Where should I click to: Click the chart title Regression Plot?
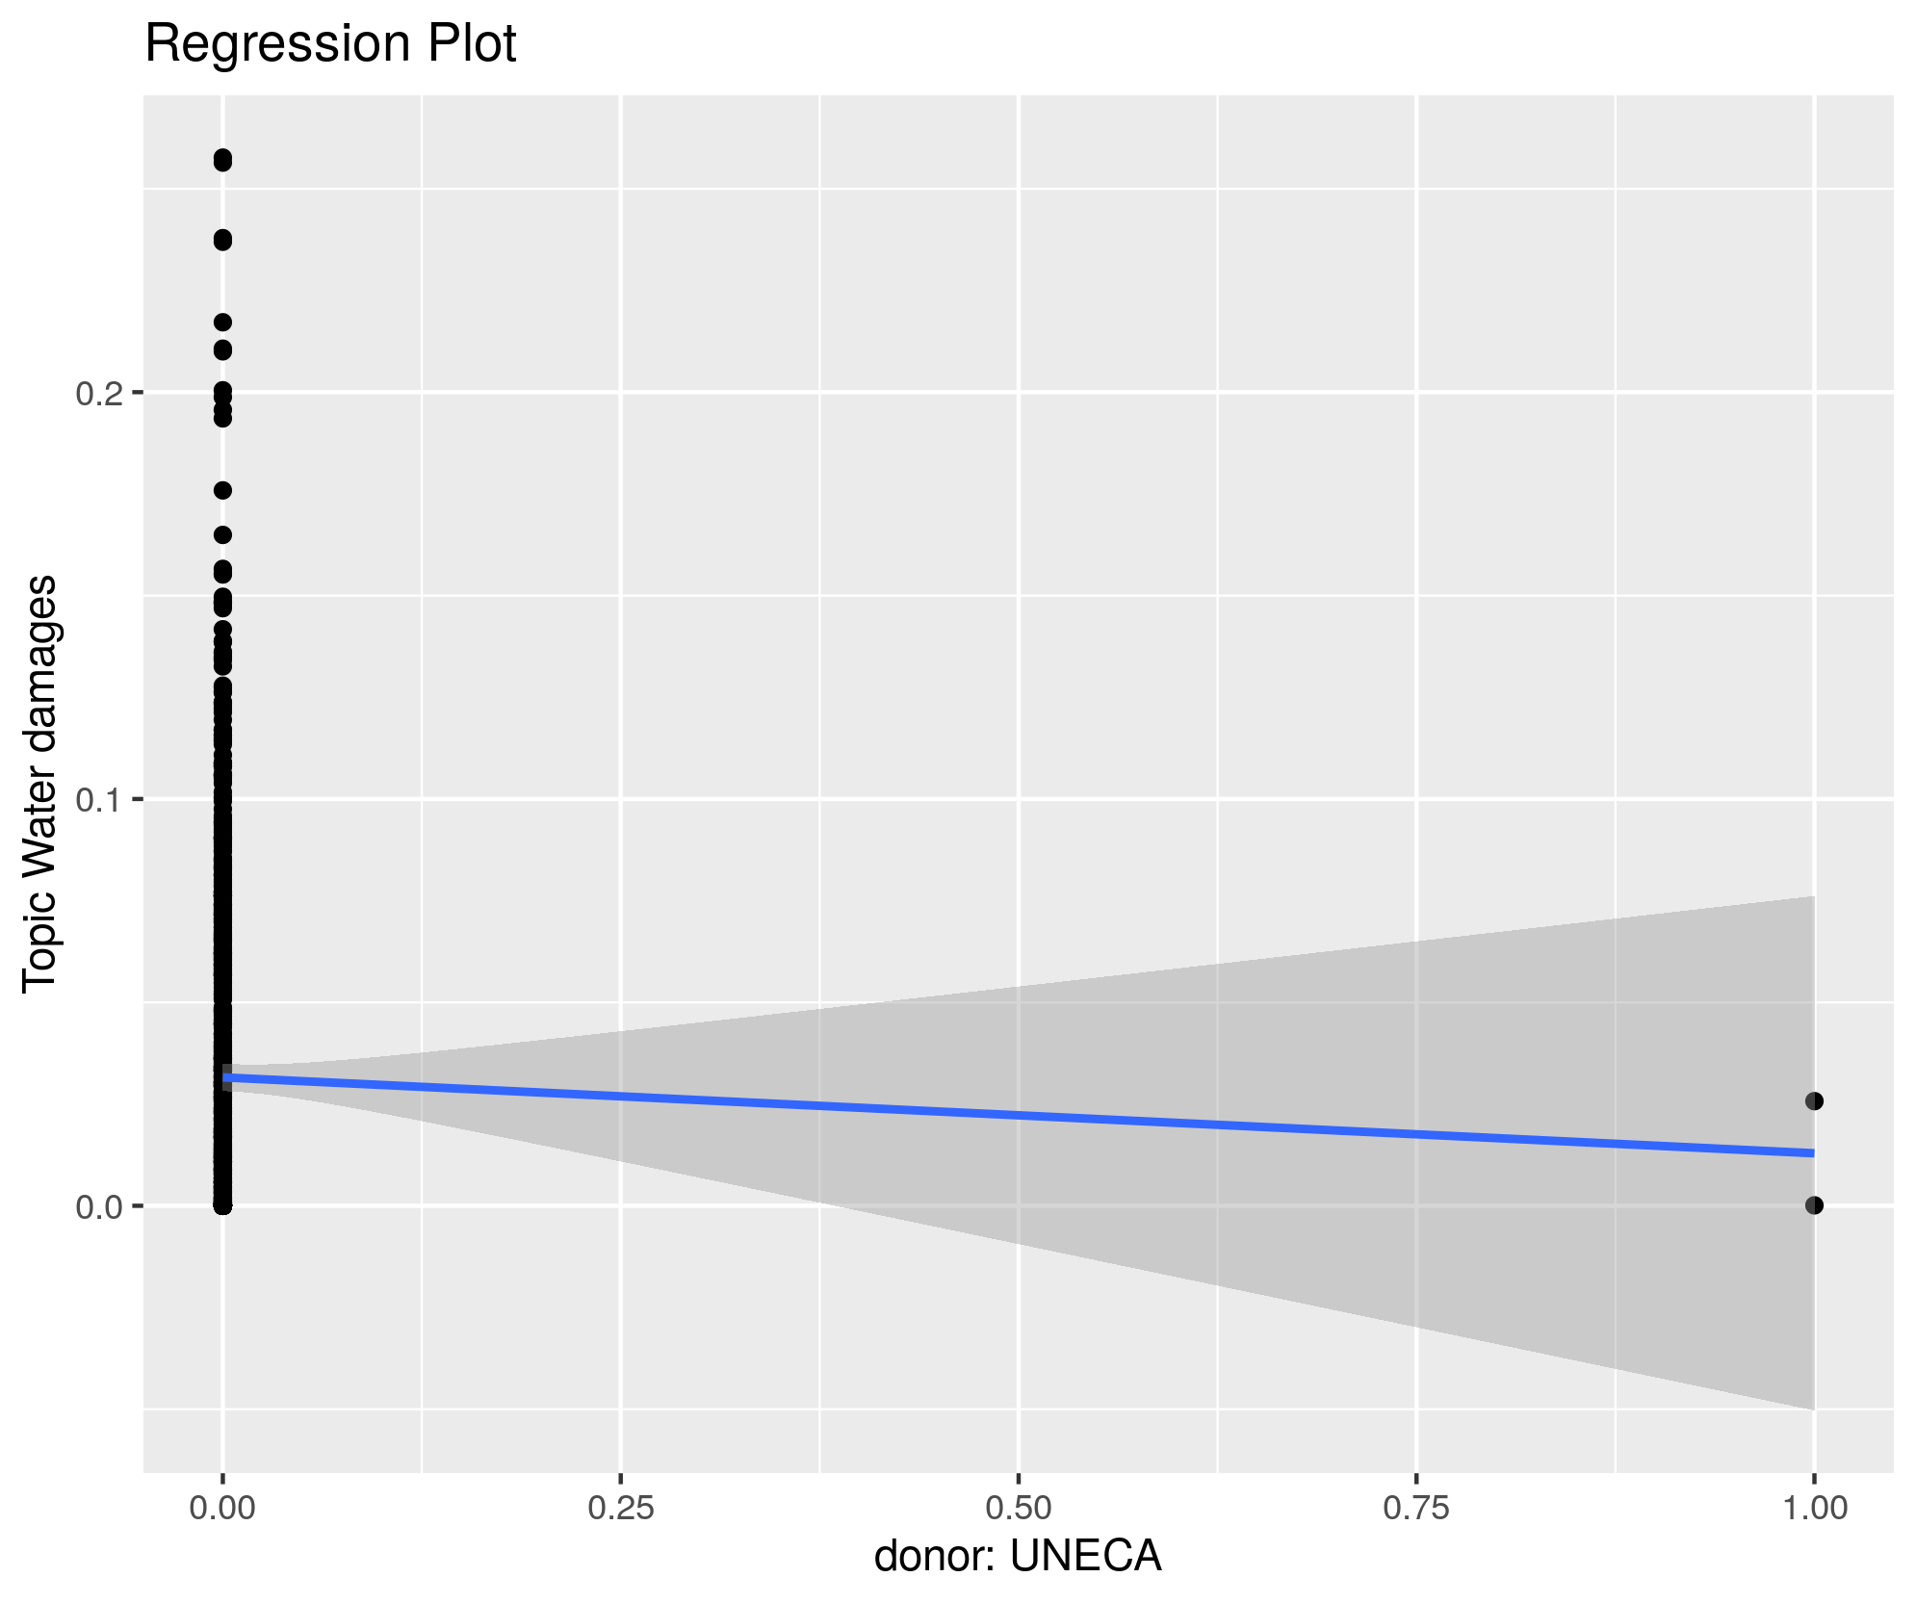(x=330, y=44)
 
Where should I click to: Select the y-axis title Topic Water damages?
(x=40, y=783)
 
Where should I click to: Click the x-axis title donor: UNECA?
(x=1017, y=1556)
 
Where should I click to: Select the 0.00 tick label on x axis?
(x=222, y=1508)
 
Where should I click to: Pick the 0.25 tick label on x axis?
(x=621, y=1508)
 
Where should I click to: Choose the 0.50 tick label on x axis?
(x=1019, y=1508)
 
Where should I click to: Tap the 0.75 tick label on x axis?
(x=1416, y=1508)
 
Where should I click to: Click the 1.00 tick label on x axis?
(x=1814, y=1508)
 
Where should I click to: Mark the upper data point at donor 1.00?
(x=1814, y=1100)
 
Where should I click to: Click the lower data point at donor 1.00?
(x=1814, y=1204)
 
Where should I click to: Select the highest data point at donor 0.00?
(x=222, y=159)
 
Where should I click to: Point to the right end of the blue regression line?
(x=1812, y=1152)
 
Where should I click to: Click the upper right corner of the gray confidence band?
(x=1812, y=898)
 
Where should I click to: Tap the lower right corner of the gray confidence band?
(x=1812, y=1408)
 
